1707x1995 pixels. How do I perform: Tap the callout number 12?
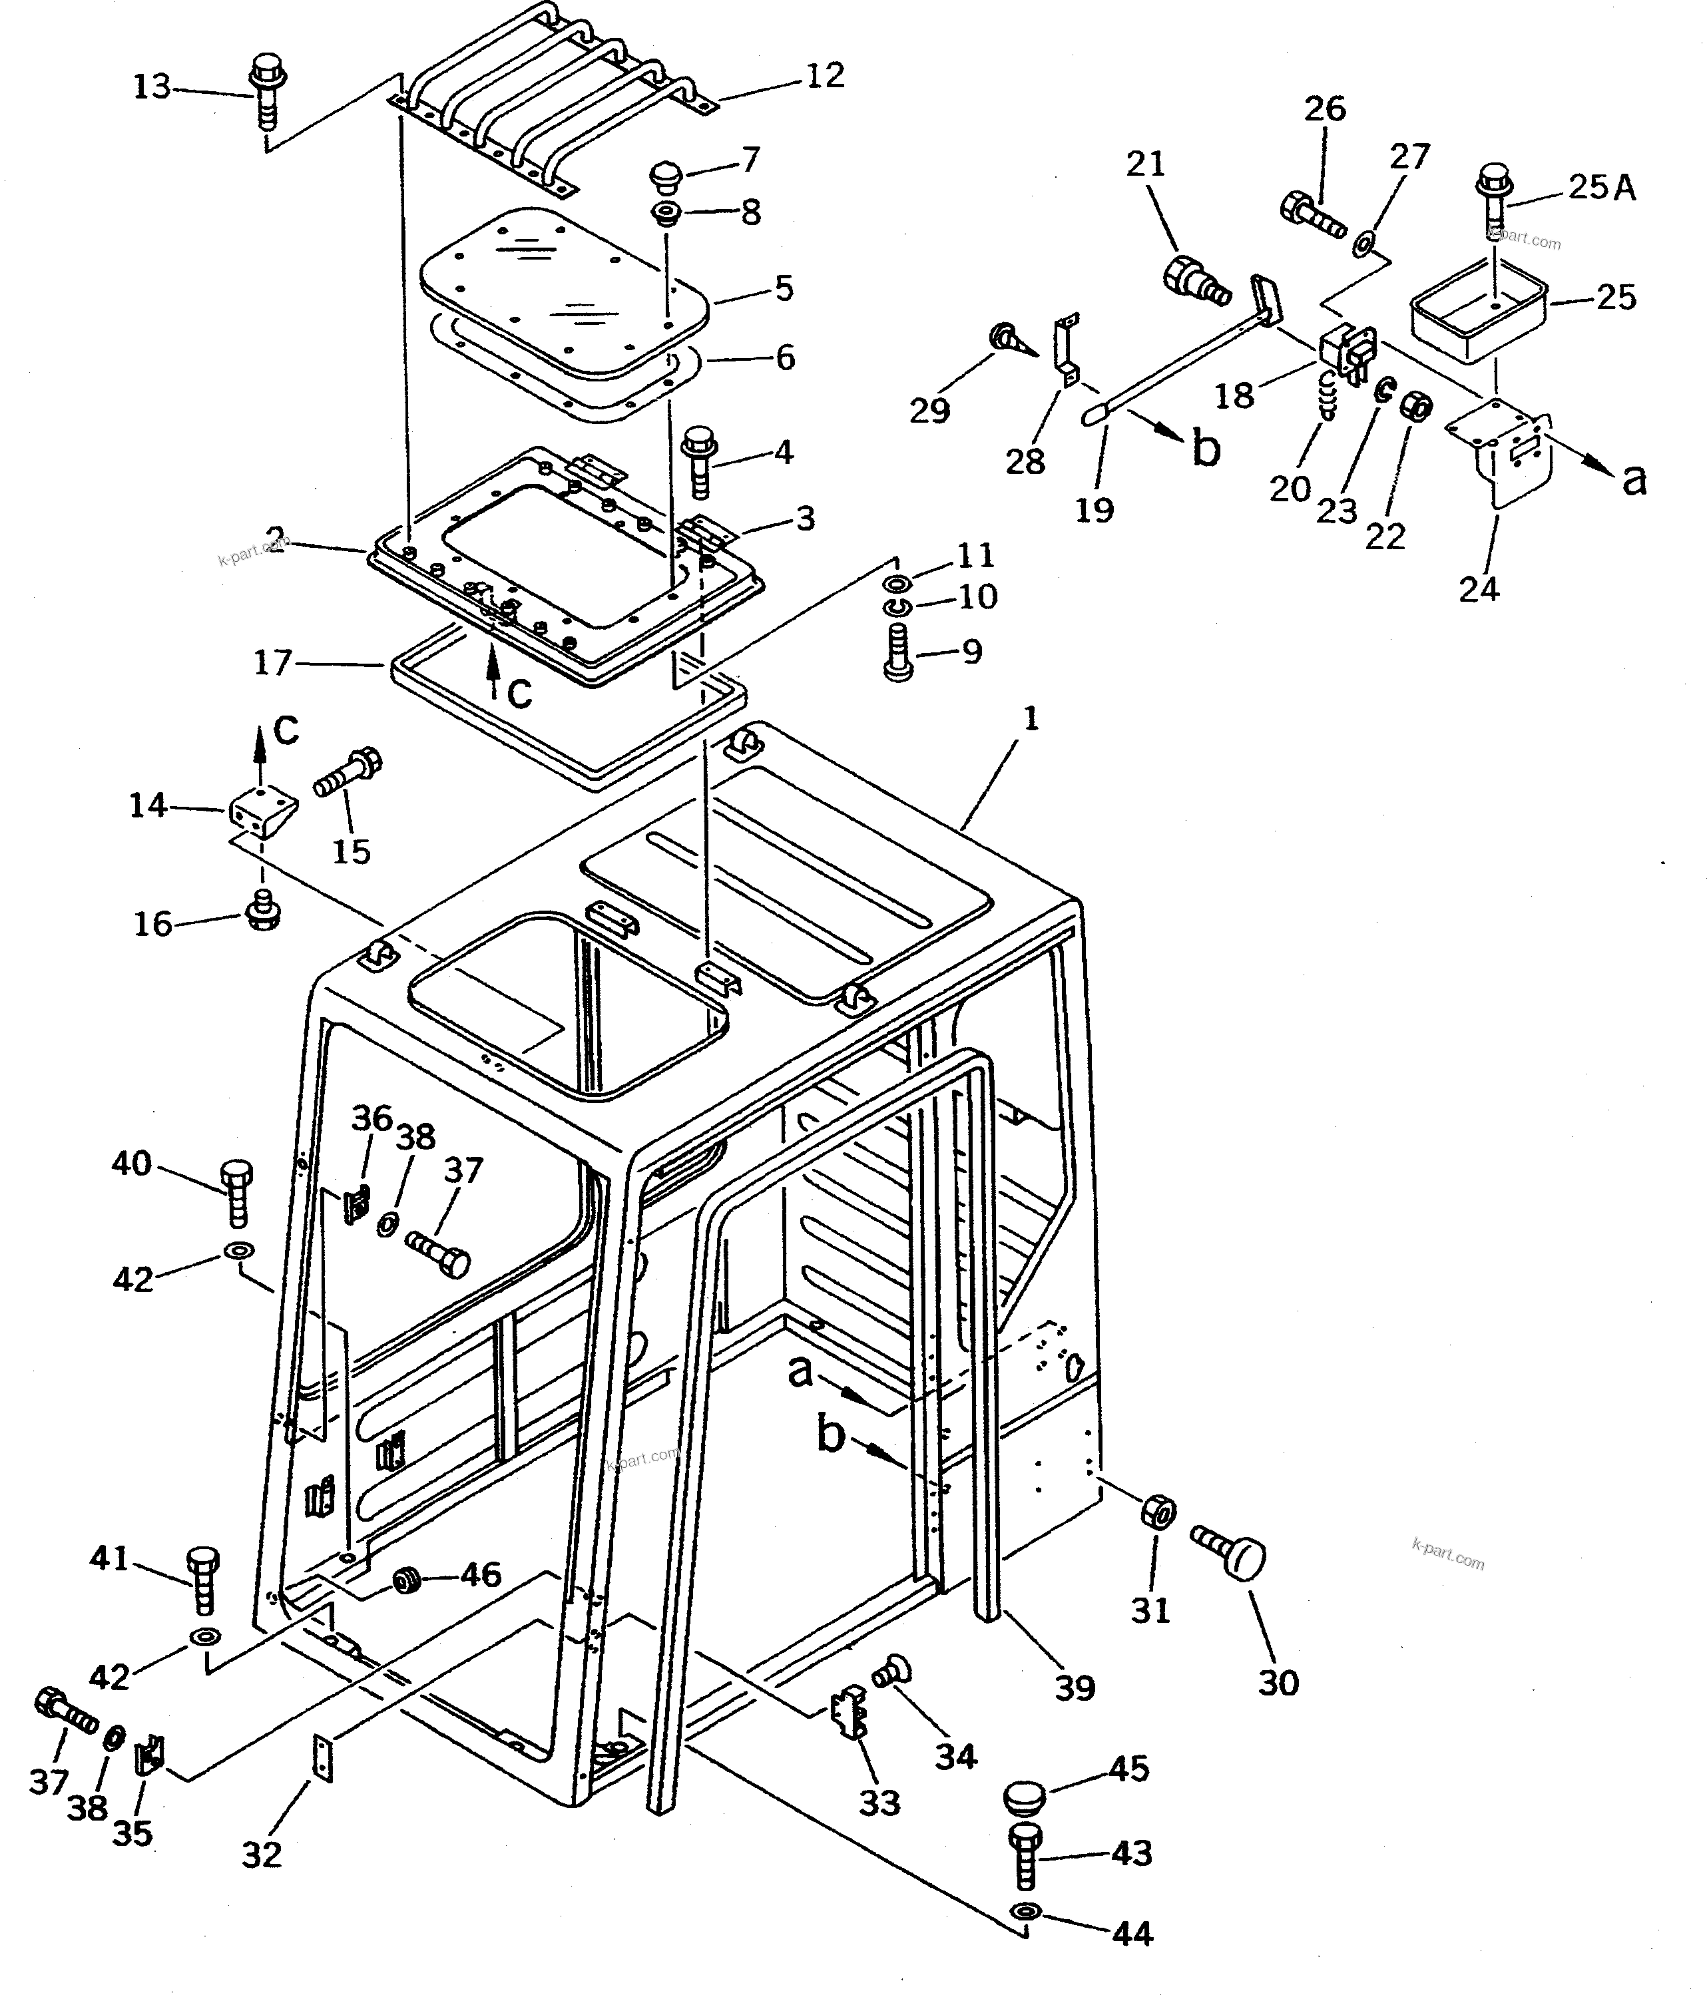824,75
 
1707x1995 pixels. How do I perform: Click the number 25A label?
1602,187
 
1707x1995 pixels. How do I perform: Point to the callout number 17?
272,664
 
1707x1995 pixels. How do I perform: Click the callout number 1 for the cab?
1030,718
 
